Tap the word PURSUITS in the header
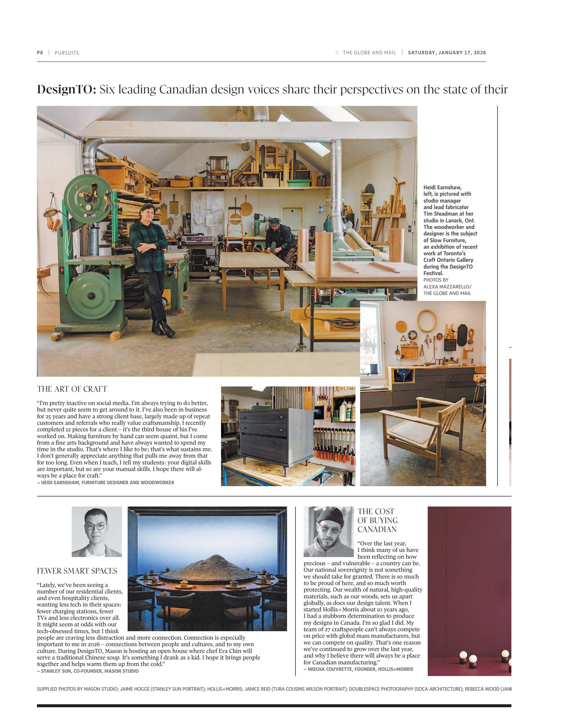pyautogui.click(x=67, y=53)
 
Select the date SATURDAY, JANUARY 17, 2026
pyautogui.click(x=447, y=53)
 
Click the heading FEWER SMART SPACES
pyautogui.click(x=77, y=571)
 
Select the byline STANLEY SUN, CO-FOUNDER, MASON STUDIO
pyautogui.click(x=88, y=671)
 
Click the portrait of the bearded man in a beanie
pyautogui.click(x=328, y=532)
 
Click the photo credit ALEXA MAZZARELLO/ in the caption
pyautogui.click(x=447, y=287)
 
